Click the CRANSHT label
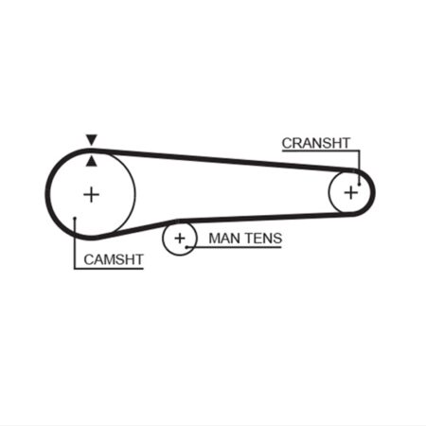coord(316,143)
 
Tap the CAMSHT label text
coord(114,259)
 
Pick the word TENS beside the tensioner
coord(264,239)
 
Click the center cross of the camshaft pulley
coord(92,194)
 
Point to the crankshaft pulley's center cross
coord(351,192)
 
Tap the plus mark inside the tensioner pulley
coord(180,239)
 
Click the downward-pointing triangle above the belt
coord(92,140)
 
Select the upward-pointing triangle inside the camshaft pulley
coord(92,162)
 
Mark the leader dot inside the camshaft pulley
coord(75,218)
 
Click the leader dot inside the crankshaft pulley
coord(359,184)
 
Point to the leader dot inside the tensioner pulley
coord(186,247)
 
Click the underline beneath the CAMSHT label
coord(109,269)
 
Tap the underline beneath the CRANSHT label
coord(321,151)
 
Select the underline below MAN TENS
coord(234,247)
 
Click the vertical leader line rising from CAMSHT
coord(75,243)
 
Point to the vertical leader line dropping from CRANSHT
coord(359,168)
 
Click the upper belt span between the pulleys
coord(221,160)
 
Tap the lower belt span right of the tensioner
coord(265,217)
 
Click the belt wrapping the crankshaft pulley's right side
coord(373,192)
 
